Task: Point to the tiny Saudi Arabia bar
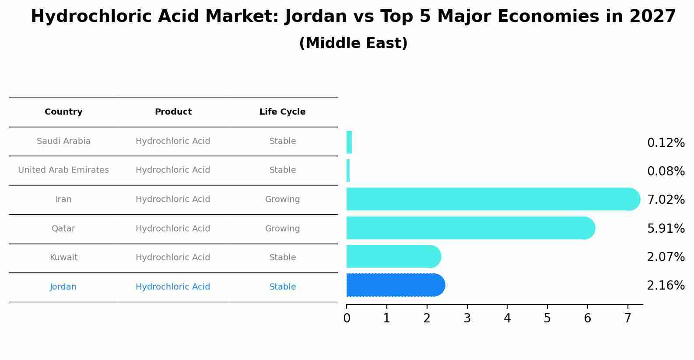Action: coord(349,142)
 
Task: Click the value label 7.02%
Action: coord(666,200)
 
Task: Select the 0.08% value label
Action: coord(666,171)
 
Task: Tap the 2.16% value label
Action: coord(666,286)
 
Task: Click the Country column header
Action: coord(63,112)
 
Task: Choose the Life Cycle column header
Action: coord(282,112)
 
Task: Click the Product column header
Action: coord(173,112)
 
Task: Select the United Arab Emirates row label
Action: coord(63,170)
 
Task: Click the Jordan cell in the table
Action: coord(63,287)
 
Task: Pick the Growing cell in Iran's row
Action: coord(282,199)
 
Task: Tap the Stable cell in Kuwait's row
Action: coord(282,258)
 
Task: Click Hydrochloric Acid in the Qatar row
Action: coord(173,229)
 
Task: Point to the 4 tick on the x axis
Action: coord(507,318)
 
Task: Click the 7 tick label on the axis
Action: coord(627,318)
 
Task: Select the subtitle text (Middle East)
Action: coord(353,43)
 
